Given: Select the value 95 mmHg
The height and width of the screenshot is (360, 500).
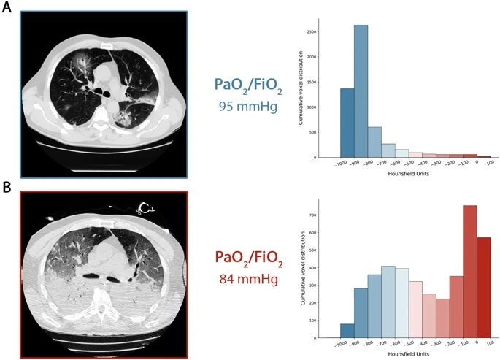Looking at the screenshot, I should click(x=242, y=104).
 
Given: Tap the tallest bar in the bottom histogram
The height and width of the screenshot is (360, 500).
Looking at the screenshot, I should click(x=469, y=271).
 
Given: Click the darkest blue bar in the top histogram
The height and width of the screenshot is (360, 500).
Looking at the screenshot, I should click(x=347, y=123).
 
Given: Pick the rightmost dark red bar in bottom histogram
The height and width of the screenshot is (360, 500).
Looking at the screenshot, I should click(x=484, y=287).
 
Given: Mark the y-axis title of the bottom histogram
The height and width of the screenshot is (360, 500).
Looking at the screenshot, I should click(x=302, y=269).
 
